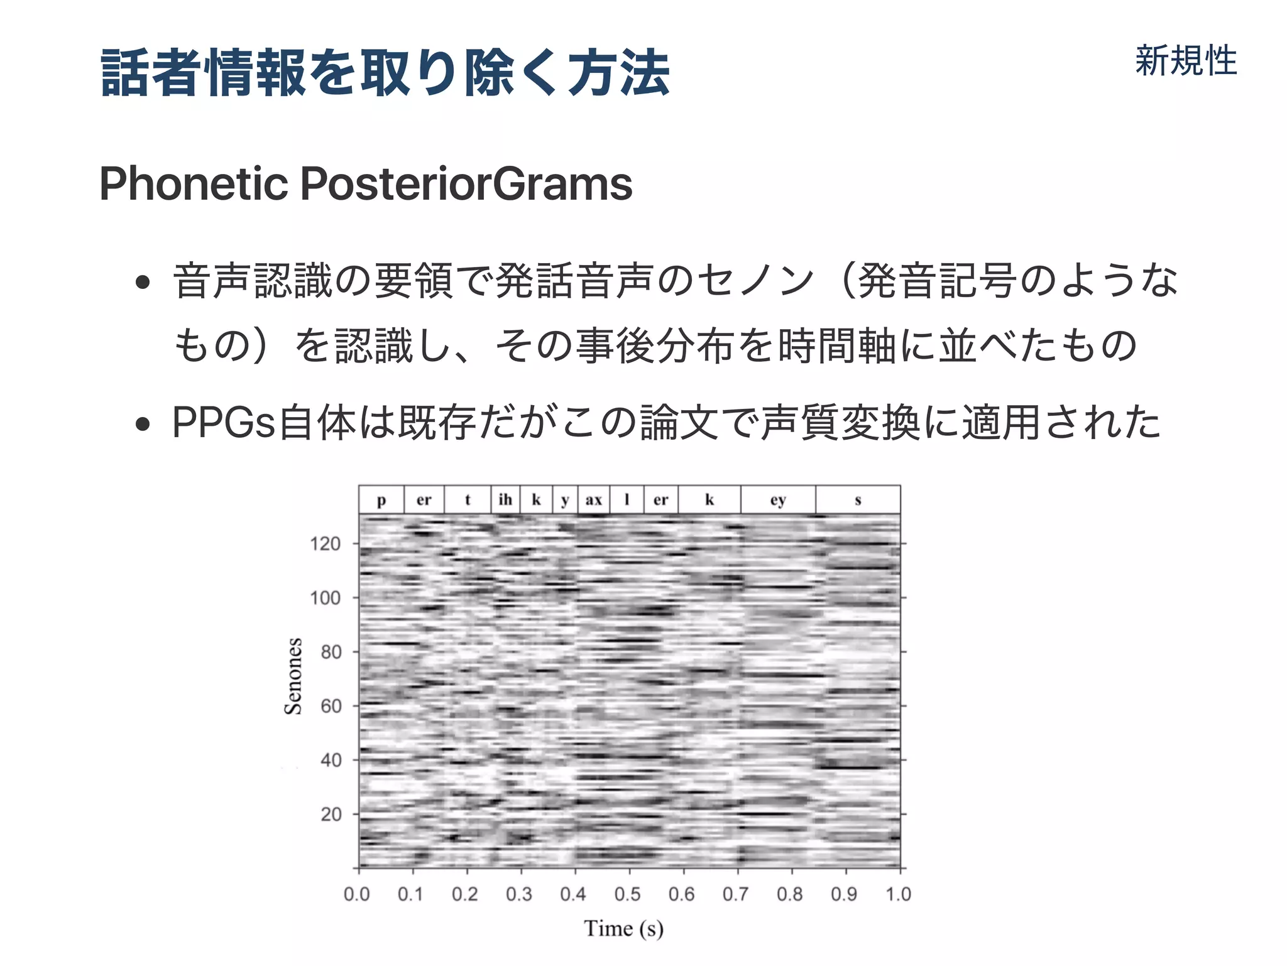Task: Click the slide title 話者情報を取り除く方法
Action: point(385,73)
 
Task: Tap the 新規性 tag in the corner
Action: point(1185,61)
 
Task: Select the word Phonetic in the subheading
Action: point(194,183)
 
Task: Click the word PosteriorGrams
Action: point(466,183)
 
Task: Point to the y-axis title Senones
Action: point(293,676)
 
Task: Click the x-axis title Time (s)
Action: point(623,928)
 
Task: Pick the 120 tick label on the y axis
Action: point(325,543)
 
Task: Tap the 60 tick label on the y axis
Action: point(331,706)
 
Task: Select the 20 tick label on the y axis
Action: point(331,814)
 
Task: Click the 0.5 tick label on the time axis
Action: point(627,894)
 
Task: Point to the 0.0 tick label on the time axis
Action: point(357,894)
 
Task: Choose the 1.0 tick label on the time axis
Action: point(898,894)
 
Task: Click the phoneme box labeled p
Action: point(381,500)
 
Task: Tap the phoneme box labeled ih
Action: point(505,500)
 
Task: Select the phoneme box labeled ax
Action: point(594,500)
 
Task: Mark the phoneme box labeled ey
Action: point(778,500)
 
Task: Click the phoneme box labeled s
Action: point(858,500)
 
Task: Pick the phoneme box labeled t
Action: point(468,500)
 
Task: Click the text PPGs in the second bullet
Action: point(224,422)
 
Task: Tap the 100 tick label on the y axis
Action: point(325,597)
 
